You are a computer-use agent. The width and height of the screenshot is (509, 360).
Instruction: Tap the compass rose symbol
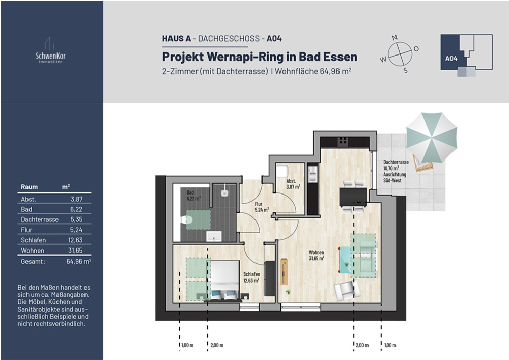[x=399, y=53]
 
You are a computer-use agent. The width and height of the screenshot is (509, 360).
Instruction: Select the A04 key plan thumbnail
[x=466, y=55]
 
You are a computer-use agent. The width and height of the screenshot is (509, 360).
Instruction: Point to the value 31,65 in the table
[x=75, y=251]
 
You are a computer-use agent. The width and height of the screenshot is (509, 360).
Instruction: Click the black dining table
[x=353, y=197]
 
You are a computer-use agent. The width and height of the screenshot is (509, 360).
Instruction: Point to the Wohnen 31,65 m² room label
[x=316, y=255]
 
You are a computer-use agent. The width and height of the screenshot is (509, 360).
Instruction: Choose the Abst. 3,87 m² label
[x=292, y=184]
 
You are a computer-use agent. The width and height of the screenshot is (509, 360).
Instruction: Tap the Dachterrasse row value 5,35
[x=75, y=219]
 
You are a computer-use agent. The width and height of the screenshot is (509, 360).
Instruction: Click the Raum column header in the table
[x=29, y=187]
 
